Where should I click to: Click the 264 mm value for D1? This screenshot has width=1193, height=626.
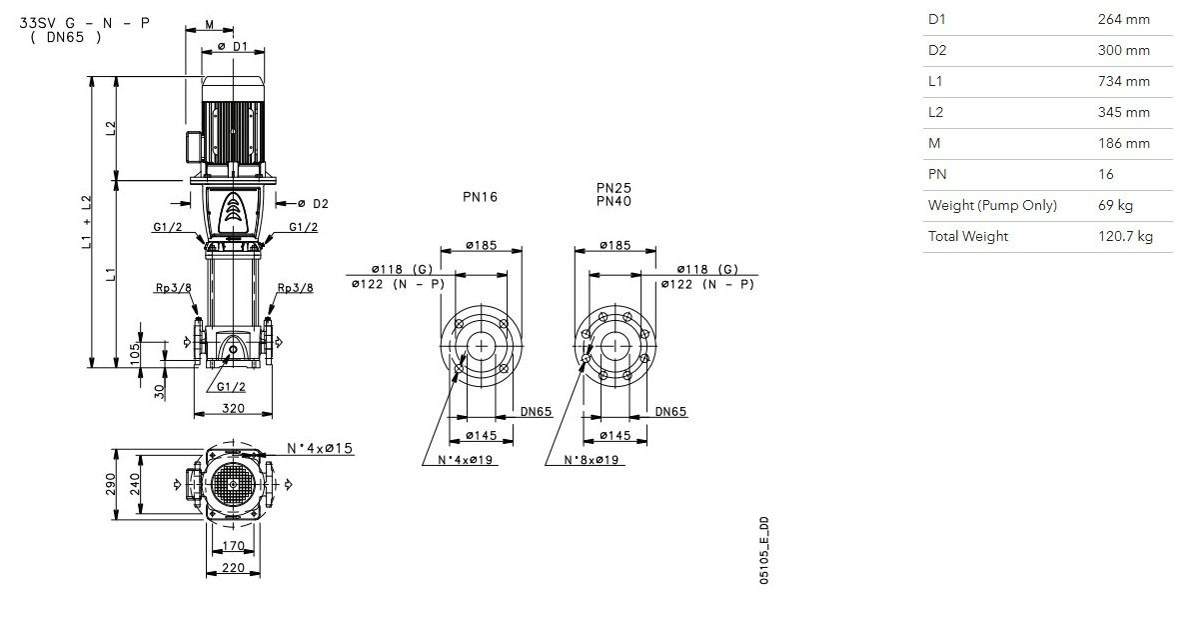1123,19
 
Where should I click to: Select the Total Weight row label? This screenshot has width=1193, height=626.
968,236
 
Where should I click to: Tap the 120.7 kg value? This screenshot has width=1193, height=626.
1125,236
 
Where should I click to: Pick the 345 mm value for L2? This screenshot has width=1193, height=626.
1123,112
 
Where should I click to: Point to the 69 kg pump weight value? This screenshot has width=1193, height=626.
1115,205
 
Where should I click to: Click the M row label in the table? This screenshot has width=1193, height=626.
934,143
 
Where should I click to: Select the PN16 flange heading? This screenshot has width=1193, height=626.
480,196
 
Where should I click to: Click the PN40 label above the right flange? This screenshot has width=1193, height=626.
614,201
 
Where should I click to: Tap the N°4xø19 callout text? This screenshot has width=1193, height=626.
466,460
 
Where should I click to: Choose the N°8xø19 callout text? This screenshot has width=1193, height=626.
592,460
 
